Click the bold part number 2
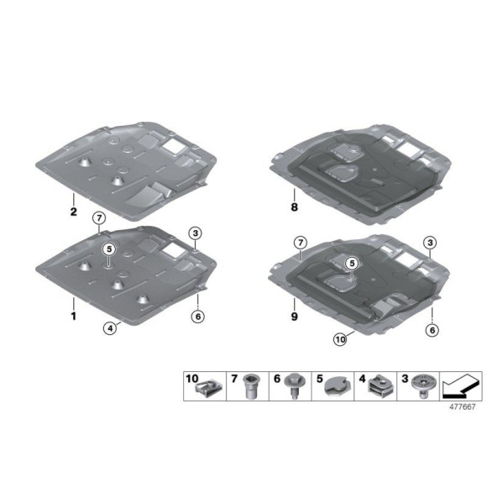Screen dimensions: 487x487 tap(74, 212)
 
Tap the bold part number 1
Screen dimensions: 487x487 tap(74, 317)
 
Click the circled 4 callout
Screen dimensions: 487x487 tap(110, 328)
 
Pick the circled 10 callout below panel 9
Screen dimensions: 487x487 tap(340, 340)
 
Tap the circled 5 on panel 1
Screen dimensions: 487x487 tap(109, 249)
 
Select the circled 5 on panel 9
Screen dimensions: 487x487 tap(352, 263)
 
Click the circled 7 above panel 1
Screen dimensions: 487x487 tap(99, 218)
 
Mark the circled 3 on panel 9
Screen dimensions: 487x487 tap(429, 243)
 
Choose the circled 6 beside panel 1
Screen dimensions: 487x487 tap(198, 317)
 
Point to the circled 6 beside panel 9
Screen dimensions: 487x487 tap(432, 331)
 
